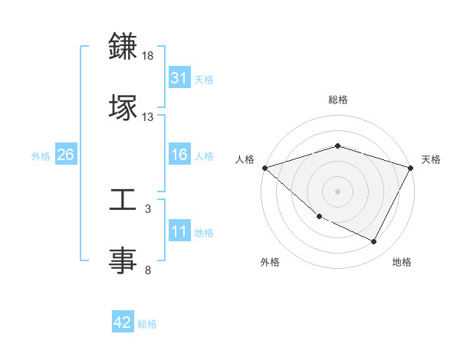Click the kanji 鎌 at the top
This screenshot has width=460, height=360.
(123, 47)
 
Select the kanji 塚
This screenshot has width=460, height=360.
(123, 106)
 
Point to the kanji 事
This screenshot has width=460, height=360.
(123, 259)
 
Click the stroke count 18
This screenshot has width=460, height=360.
(148, 57)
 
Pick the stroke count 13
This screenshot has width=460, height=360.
(148, 117)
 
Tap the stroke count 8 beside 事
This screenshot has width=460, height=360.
(148, 270)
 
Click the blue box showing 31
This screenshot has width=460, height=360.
(179, 78)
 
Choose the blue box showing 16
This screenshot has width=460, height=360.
(179, 155)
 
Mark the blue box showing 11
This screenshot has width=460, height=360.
(179, 231)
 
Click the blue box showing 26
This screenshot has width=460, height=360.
(65, 155)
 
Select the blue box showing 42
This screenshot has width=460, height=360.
(122, 323)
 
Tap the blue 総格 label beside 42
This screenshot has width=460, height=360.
(147, 324)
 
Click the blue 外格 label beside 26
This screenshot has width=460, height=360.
(41, 155)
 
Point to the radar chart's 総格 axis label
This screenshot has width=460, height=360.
(337, 100)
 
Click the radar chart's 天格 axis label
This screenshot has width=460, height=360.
(431, 159)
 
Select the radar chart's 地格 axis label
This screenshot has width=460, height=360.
(402, 262)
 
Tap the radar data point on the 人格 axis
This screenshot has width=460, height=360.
(264, 168)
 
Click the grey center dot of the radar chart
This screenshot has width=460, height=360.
(337, 191)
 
